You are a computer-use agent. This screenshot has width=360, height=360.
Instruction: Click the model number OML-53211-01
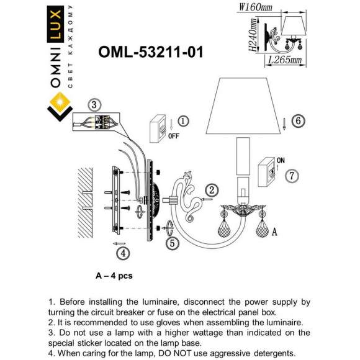click(x=151, y=53)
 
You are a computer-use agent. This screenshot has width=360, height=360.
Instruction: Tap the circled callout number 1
click(x=183, y=120)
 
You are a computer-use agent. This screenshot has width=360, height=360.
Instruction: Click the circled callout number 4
click(x=124, y=252)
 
